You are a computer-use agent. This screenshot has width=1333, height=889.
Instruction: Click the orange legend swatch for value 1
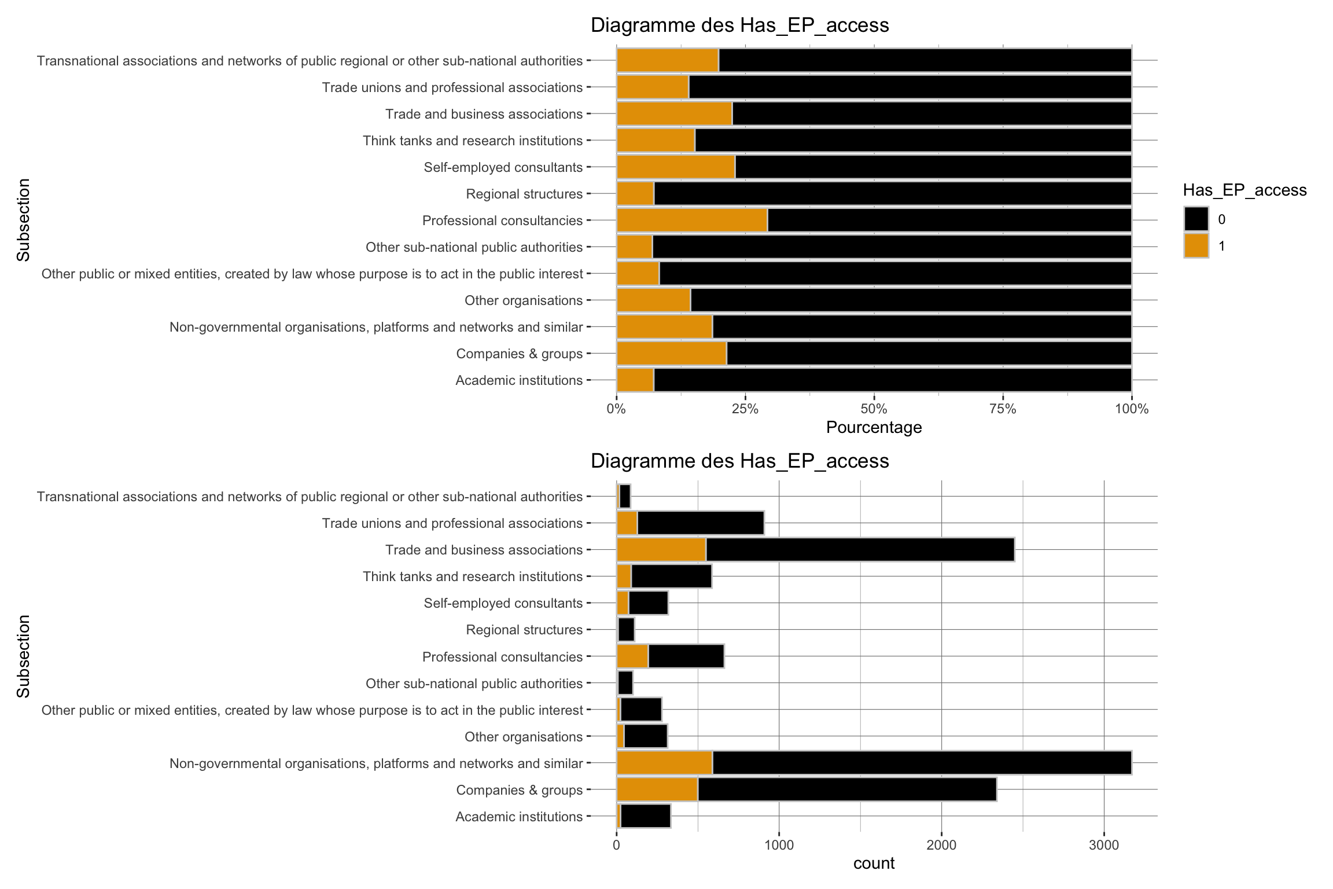click(x=1196, y=246)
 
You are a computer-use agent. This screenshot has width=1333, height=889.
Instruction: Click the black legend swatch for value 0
click(x=1196, y=219)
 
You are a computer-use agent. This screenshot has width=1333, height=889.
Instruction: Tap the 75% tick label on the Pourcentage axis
click(x=1003, y=409)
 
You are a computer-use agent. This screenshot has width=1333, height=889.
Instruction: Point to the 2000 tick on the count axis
click(x=941, y=845)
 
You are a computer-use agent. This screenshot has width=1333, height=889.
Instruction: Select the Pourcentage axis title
click(x=874, y=428)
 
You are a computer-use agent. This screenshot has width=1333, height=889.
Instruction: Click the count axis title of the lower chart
click(x=874, y=864)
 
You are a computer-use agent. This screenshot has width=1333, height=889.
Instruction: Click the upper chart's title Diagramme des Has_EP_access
click(x=739, y=25)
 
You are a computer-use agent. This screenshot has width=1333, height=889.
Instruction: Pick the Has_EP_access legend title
click(x=1244, y=190)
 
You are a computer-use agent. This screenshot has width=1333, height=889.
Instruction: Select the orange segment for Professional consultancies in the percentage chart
click(x=692, y=221)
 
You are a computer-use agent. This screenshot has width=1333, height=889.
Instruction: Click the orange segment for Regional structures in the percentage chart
click(x=635, y=194)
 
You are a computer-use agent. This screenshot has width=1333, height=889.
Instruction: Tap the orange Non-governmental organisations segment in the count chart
click(x=664, y=763)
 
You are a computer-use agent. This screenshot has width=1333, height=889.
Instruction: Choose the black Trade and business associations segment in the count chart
click(x=860, y=550)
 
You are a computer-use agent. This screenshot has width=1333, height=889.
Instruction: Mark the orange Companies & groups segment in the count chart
click(x=657, y=789)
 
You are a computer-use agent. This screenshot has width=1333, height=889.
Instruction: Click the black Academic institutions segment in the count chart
click(x=646, y=816)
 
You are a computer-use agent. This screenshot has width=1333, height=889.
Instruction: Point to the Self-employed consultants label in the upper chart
click(x=503, y=167)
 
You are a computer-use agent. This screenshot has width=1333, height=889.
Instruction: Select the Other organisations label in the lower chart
click(x=523, y=737)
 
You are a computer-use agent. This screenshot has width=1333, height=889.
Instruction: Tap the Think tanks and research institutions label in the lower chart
click(x=472, y=576)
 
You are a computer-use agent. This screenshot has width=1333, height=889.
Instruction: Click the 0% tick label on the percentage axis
click(x=616, y=409)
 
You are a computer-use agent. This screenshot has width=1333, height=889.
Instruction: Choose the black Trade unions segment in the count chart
click(x=700, y=523)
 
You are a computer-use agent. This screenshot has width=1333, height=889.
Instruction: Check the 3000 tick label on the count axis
click(x=1104, y=845)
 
